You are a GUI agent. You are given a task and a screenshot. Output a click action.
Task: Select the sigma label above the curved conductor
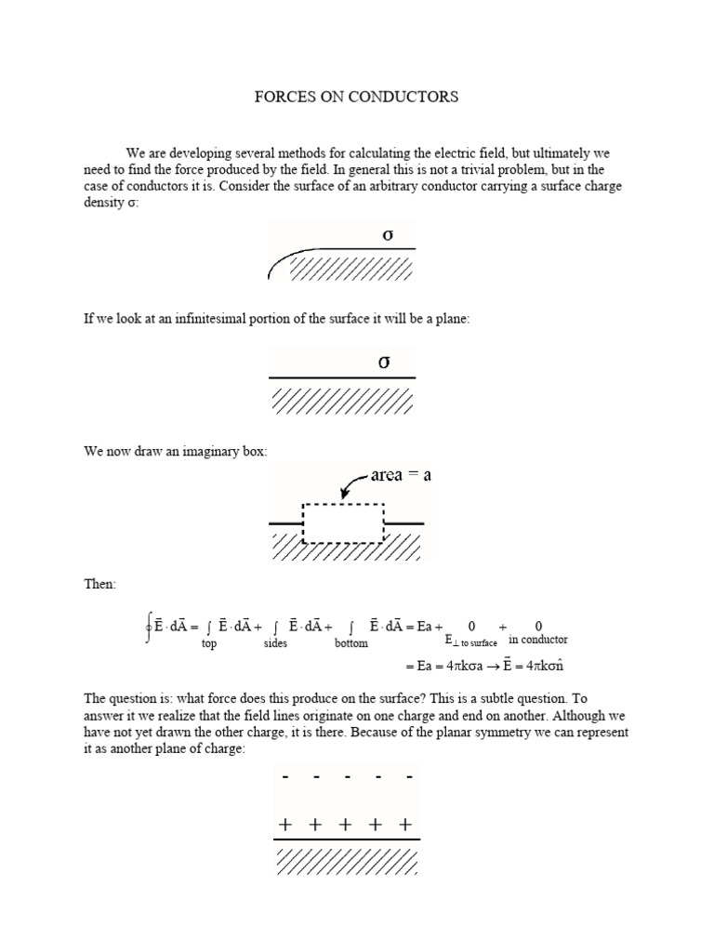[x=388, y=235]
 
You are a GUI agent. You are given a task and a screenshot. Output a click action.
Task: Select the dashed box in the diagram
[x=344, y=523]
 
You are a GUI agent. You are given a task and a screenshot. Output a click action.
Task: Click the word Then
[x=100, y=585]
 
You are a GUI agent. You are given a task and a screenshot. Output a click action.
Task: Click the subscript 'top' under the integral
[x=209, y=643]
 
